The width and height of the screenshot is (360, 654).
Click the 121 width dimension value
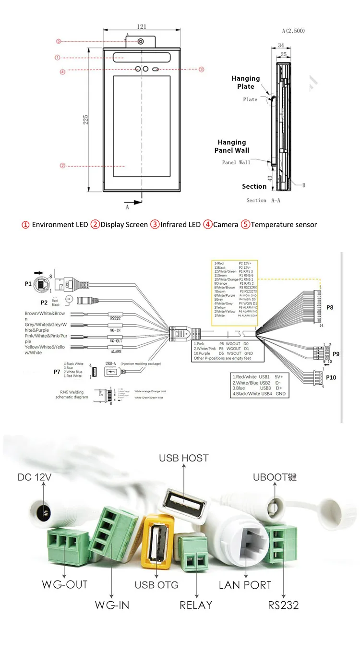142,26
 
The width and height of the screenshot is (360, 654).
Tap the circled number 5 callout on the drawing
58,41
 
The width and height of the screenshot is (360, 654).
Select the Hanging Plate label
245,82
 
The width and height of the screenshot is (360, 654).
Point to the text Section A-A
263,200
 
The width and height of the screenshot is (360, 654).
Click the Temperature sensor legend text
284,224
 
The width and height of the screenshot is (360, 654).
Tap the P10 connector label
331,377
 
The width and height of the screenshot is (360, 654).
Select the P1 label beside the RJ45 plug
28,284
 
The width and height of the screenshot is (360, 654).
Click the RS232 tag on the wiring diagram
115,317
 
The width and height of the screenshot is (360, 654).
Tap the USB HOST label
184,458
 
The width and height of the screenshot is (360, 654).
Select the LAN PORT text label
245,585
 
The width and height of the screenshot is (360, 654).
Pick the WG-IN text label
111,605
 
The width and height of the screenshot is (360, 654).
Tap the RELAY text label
195,605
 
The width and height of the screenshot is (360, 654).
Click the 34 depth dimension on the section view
281,45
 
